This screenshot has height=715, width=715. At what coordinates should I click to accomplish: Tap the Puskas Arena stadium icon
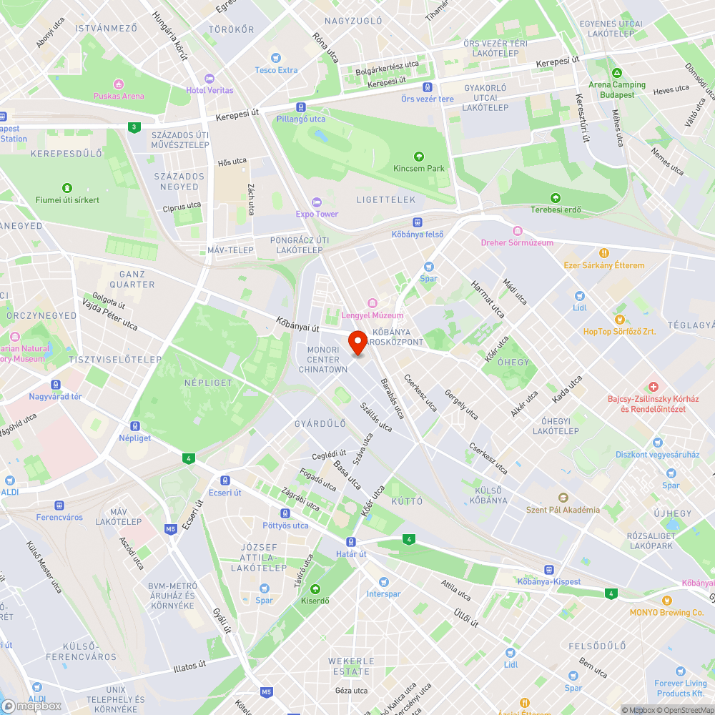coord(119,84)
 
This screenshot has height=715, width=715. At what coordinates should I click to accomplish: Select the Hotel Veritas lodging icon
coord(209,78)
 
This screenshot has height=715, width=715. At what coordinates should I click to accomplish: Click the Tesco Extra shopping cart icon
coord(276,58)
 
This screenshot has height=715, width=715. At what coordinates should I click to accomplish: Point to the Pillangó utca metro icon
coord(301,107)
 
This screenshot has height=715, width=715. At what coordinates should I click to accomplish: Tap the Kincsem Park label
coord(419,168)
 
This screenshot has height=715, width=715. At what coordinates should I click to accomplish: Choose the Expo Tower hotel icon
coord(317,202)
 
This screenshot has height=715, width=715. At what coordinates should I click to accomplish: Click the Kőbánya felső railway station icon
coord(418,222)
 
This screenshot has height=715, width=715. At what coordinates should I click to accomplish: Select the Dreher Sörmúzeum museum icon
coord(518,231)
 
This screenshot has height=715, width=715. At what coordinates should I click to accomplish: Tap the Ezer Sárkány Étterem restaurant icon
coord(604,253)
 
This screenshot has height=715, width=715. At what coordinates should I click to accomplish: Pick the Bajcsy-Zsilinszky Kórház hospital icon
coord(653,387)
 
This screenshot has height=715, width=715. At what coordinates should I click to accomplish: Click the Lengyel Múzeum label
coord(373,315)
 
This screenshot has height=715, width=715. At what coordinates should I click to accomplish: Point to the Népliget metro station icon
coord(135,426)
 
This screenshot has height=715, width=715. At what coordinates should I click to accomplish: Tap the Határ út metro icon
coord(351,542)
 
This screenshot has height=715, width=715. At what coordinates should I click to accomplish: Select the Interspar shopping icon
coord(383,582)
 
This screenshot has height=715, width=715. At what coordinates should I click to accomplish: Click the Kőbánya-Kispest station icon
coord(548,570)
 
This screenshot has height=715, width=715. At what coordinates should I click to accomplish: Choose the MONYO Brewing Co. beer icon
coord(666,601)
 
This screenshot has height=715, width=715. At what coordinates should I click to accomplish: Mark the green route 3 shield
coord(133,127)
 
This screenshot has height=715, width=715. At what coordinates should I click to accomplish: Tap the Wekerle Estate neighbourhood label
coord(351,666)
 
